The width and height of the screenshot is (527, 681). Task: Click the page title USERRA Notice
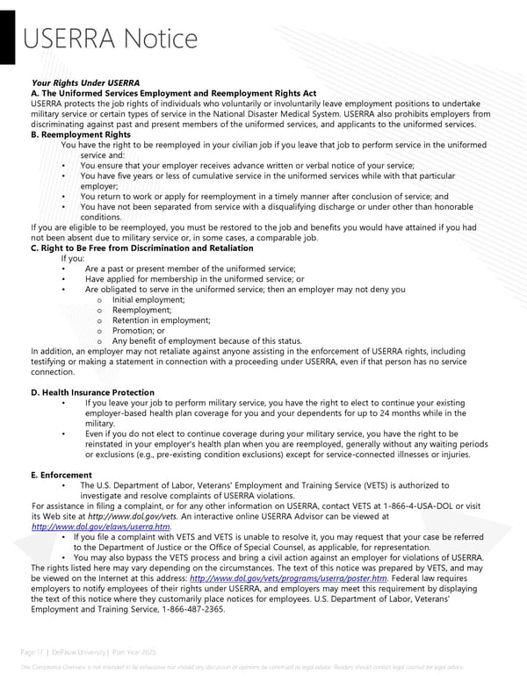(x=110, y=39)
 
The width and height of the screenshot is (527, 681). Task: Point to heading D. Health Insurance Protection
(x=92, y=392)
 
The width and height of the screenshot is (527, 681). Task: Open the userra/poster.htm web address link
(x=288, y=579)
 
